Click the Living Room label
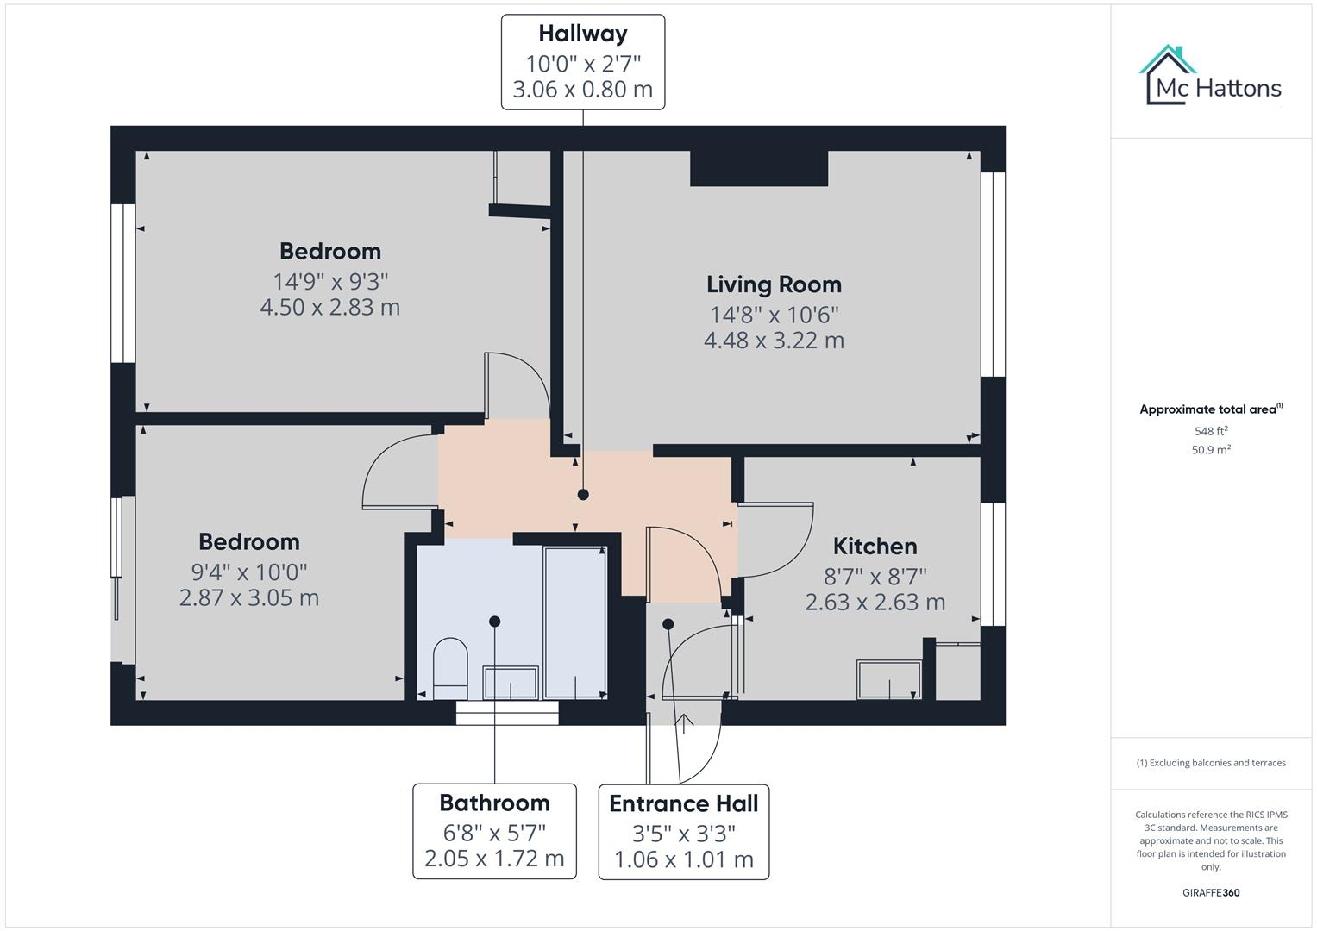click(774, 285)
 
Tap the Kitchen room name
click(875, 547)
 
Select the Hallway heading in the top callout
click(583, 34)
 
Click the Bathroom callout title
click(494, 803)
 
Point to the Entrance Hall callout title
click(684, 803)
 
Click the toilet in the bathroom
click(450, 669)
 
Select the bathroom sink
click(511, 683)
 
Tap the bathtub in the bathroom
click(575, 622)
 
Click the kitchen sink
click(889, 680)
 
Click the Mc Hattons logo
click(1210, 76)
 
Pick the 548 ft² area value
click(1211, 431)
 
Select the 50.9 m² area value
click(1211, 450)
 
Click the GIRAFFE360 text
click(1211, 892)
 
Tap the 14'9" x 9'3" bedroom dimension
click(330, 282)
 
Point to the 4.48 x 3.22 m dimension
click(774, 341)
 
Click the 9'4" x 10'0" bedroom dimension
click(249, 572)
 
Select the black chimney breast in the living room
click(759, 169)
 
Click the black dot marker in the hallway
click(583, 495)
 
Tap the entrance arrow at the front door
click(684, 723)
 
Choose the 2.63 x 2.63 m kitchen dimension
click(875, 603)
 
